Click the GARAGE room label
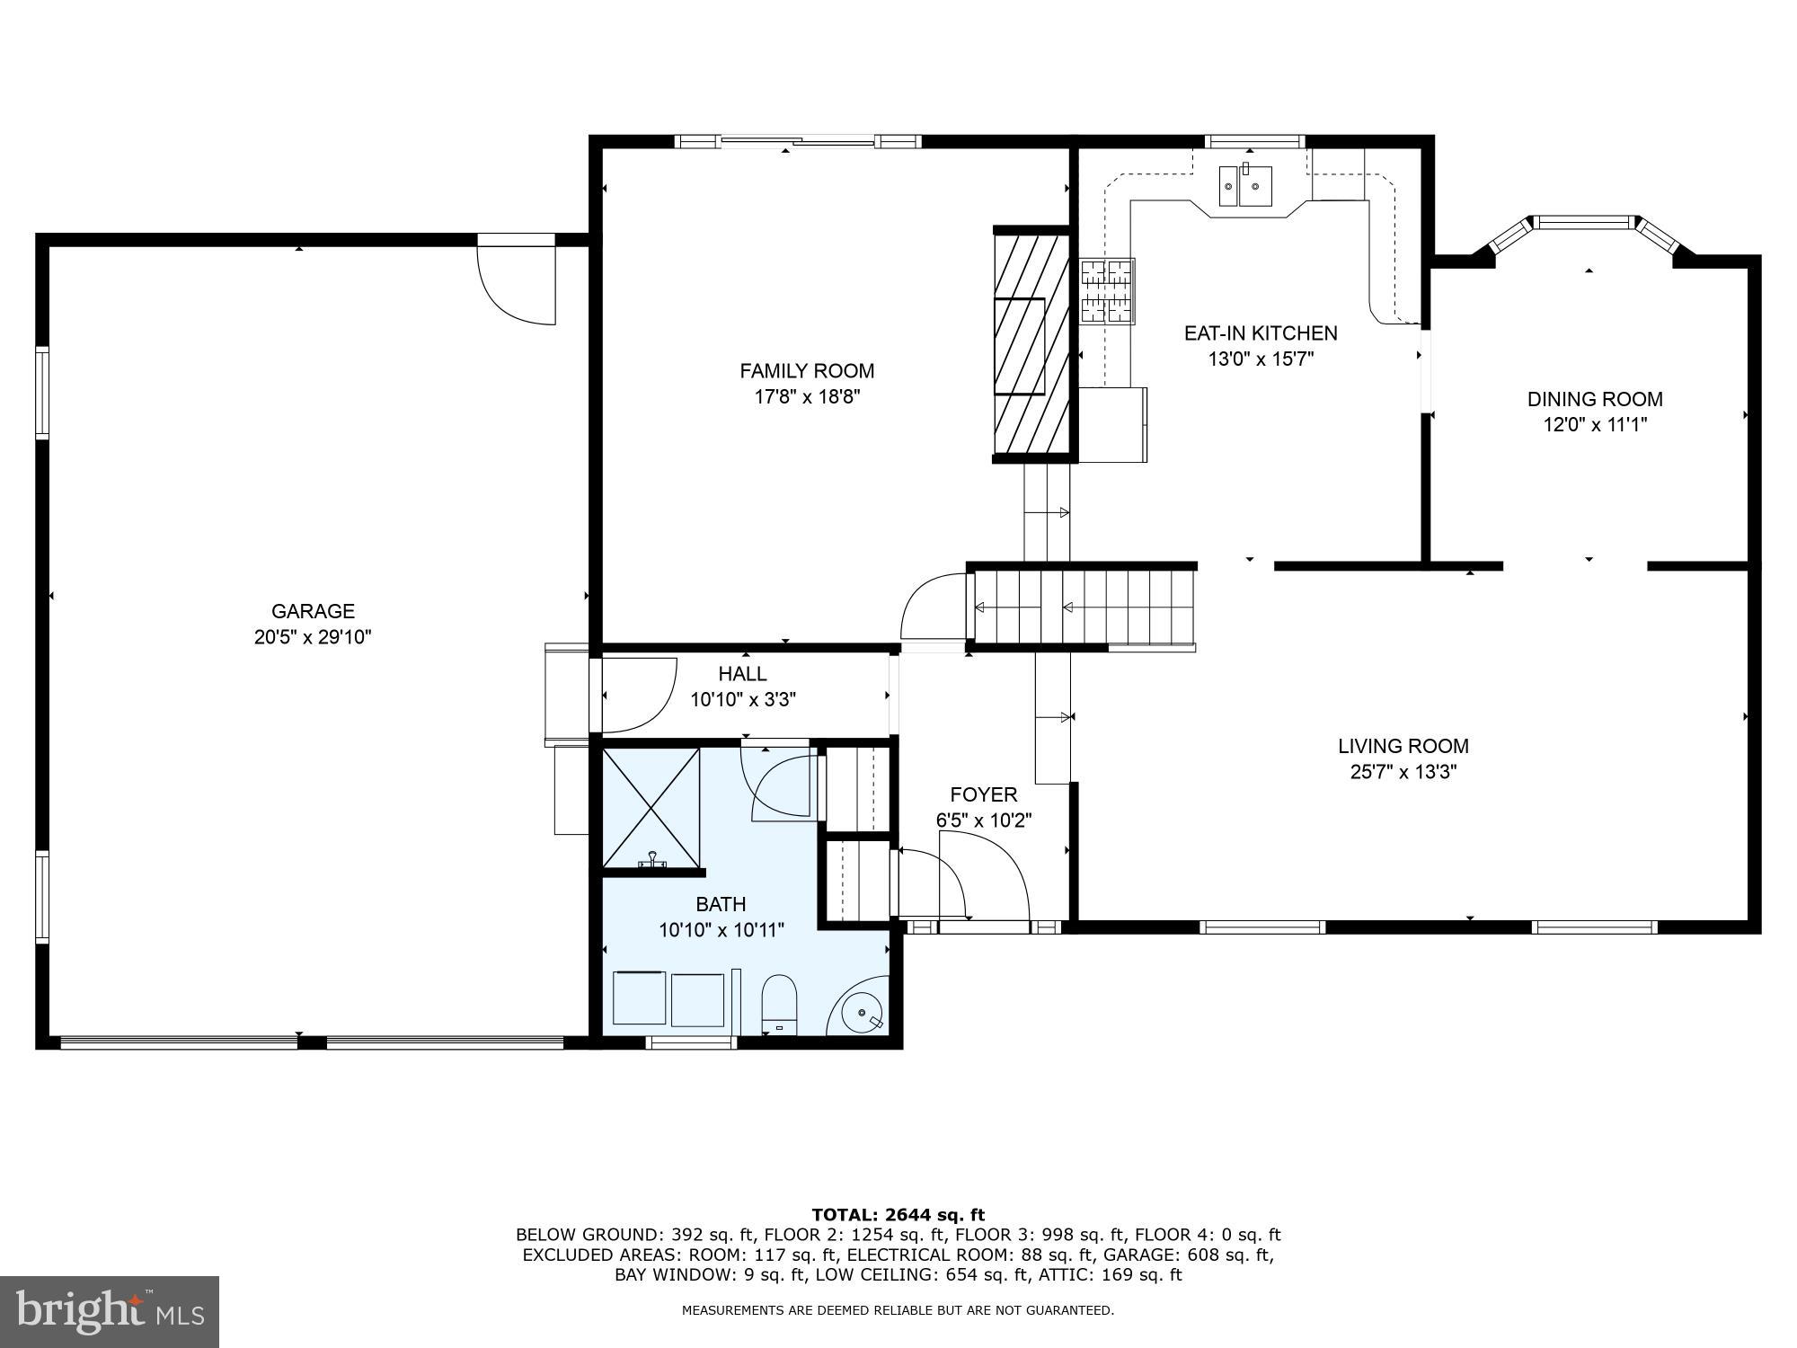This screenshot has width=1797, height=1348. click(313, 611)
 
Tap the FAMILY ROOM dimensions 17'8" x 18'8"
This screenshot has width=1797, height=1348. click(807, 396)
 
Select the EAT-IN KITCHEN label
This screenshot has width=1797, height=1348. click(1260, 333)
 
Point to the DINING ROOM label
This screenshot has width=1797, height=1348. click(1594, 399)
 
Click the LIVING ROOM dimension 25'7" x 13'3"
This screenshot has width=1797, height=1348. click(1403, 771)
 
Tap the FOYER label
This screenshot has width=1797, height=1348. click(983, 794)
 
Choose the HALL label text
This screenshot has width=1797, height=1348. click(742, 674)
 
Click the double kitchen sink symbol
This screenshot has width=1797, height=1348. click(1245, 186)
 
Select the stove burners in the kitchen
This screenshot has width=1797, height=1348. click(1107, 290)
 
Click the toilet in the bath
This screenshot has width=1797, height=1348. click(779, 1005)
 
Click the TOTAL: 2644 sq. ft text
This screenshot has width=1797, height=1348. click(898, 1215)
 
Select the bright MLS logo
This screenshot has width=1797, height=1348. click(110, 1311)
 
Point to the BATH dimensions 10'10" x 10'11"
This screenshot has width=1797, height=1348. click(721, 930)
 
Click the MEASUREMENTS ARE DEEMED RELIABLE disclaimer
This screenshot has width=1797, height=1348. click(898, 1310)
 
